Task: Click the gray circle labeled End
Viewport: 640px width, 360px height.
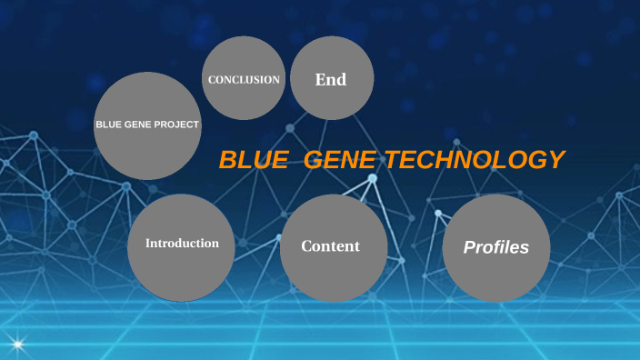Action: tap(332, 78)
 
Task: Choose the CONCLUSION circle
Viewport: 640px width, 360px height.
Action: tap(244, 79)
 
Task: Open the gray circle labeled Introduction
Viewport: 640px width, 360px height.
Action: tap(181, 247)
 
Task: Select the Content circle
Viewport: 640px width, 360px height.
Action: tap(333, 248)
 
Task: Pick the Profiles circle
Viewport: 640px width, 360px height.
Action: tap(496, 248)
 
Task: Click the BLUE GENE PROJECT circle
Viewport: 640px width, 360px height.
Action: tap(147, 125)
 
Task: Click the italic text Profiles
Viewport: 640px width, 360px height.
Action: tap(496, 247)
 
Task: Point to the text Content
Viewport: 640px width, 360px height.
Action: tap(331, 246)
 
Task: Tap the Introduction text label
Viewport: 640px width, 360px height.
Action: tap(182, 244)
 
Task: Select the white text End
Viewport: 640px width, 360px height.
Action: tap(331, 80)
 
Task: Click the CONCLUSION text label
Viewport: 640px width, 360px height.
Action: tap(244, 80)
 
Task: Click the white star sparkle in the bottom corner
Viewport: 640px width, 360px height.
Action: tap(15, 345)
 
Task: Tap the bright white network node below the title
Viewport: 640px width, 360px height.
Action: tap(372, 179)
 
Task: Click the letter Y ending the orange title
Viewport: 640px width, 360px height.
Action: tap(556, 160)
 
